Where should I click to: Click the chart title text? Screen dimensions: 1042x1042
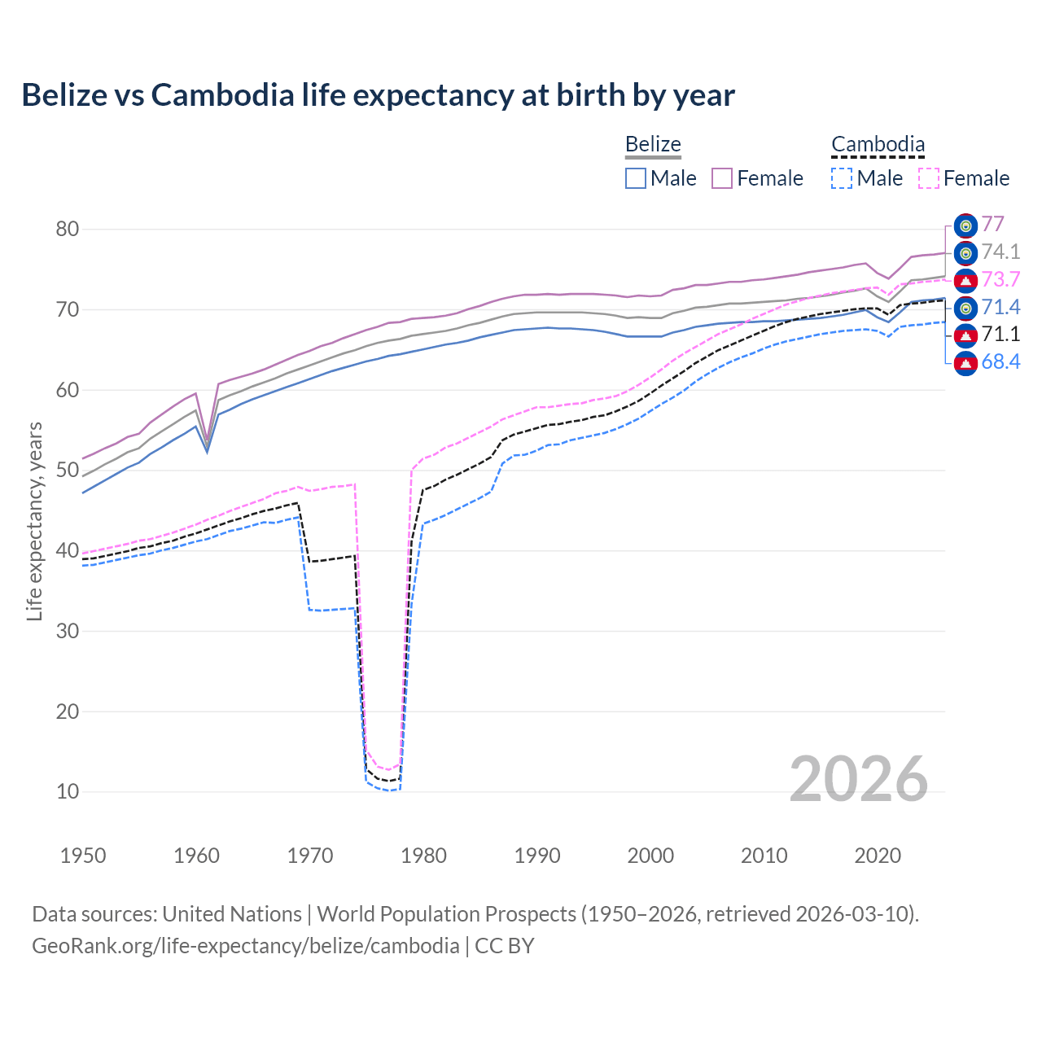(x=378, y=95)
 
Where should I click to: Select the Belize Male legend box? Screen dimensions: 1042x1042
(x=636, y=178)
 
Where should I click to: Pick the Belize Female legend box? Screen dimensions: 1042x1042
(x=722, y=178)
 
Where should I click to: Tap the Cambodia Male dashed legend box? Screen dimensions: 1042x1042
(x=842, y=178)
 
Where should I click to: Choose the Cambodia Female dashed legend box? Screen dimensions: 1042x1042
(x=929, y=178)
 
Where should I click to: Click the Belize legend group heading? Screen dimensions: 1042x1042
(x=653, y=145)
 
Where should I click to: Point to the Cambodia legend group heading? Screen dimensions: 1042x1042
(x=878, y=145)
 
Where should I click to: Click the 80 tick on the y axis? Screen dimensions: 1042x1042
(x=68, y=229)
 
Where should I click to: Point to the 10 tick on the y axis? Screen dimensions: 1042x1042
(x=68, y=791)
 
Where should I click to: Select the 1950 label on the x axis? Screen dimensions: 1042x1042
(x=83, y=856)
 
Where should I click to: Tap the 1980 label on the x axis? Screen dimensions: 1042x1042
(x=423, y=856)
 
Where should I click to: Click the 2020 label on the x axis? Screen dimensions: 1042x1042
(x=878, y=856)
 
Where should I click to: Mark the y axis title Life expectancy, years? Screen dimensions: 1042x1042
(x=34, y=521)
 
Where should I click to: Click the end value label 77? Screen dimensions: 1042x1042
(x=992, y=224)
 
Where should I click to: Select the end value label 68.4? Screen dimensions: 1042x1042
(x=1000, y=361)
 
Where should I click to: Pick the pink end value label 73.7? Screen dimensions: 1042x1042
(x=1000, y=279)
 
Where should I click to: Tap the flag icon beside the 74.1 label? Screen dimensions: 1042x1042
(x=965, y=253)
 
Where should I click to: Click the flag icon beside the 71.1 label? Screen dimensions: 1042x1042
(x=965, y=335)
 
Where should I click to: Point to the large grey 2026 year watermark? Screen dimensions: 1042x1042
(x=859, y=779)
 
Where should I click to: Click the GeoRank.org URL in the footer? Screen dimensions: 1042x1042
(x=245, y=946)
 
